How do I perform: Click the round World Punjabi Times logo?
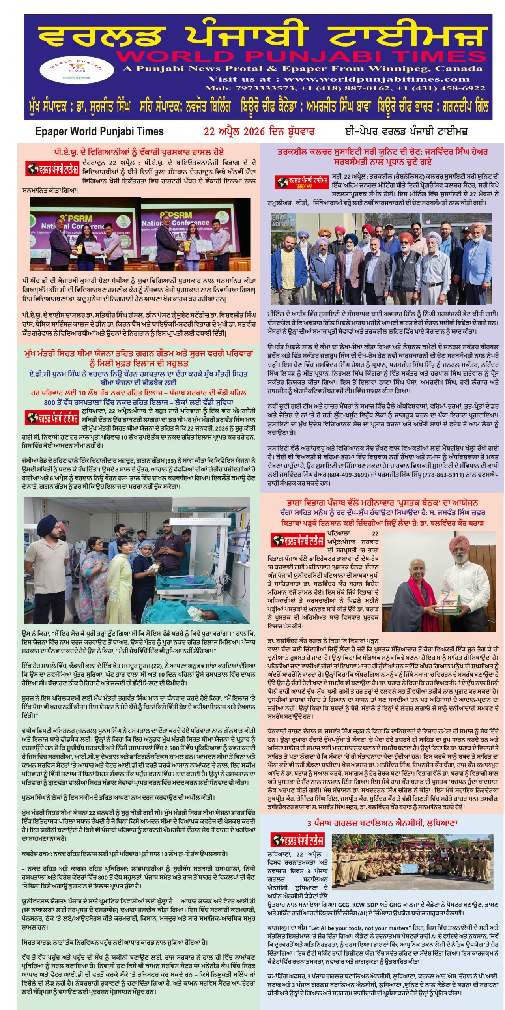[76, 69]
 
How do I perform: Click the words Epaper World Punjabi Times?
[99, 131]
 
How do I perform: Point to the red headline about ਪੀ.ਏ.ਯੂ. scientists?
[139, 152]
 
